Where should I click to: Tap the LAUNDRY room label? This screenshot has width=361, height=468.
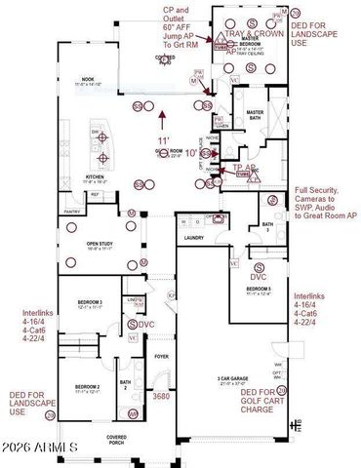pos(193,237)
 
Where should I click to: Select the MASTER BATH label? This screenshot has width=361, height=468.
pos(256,115)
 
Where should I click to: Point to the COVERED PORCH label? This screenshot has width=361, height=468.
pos(117,440)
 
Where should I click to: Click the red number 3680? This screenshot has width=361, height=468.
pos(161,396)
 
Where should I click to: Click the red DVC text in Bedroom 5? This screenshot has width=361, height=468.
pos(258,277)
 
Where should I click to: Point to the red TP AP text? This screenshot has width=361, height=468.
pos(244,167)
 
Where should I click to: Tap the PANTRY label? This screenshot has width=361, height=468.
pos(72,212)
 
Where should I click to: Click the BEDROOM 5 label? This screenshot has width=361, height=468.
pos(259,290)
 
